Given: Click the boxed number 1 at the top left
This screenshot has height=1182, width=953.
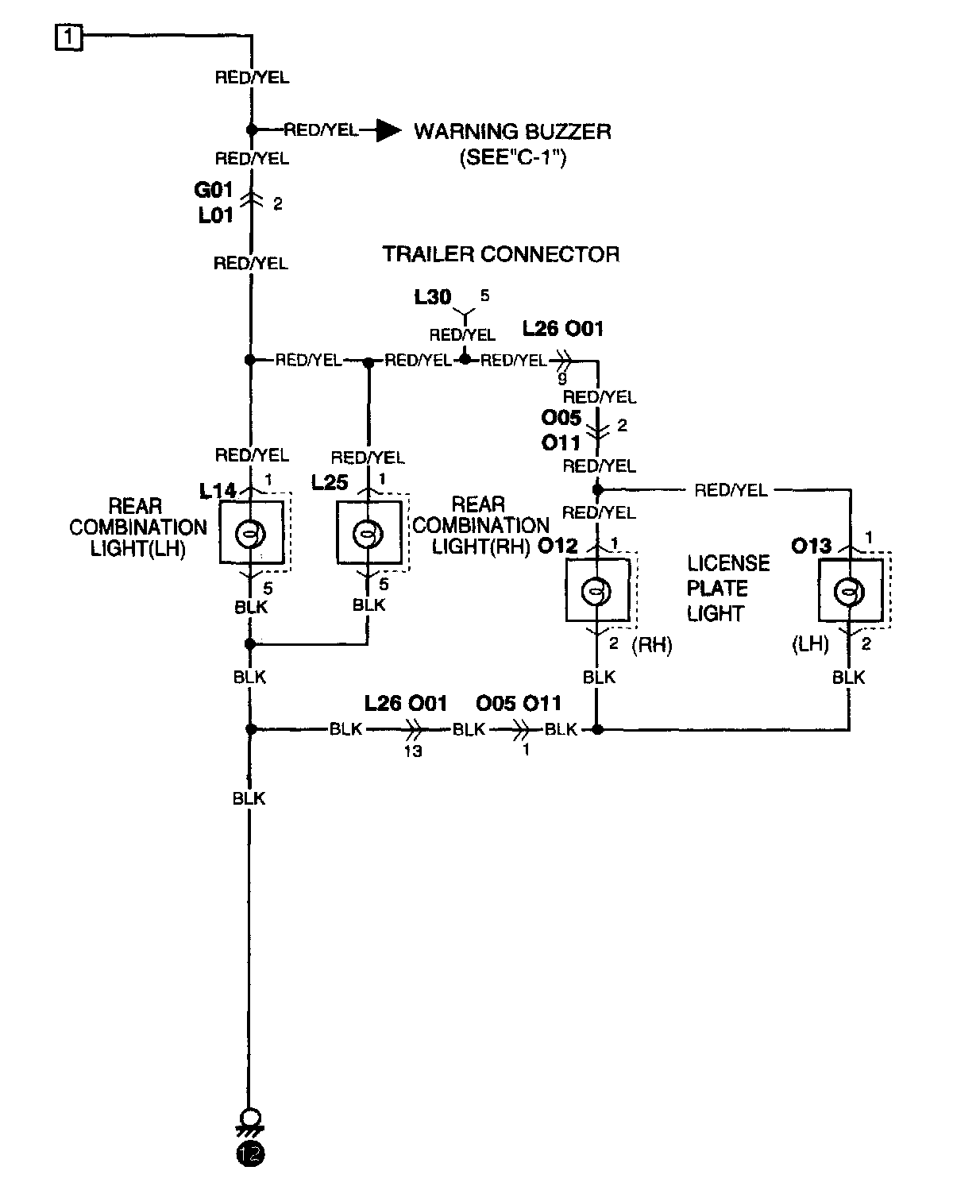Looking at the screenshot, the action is (68, 37).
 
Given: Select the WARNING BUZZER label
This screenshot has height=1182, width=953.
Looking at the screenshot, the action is (512, 132).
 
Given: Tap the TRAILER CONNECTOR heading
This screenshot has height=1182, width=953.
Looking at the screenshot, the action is (501, 254).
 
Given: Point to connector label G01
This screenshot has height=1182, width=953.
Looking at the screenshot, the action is (214, 190).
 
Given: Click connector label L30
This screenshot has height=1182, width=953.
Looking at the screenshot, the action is (432, 297).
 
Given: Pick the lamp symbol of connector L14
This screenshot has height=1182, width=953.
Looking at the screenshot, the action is (251, 533).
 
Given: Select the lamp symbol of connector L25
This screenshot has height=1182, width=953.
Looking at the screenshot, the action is (368, 533).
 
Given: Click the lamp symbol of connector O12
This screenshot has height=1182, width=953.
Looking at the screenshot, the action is (596, 592).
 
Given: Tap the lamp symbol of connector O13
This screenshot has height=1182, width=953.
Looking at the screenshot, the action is (849, 592).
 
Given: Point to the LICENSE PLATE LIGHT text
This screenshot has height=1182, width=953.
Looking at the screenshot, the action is (728, 589).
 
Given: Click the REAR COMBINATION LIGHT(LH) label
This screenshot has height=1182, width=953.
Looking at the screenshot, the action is (138, 527).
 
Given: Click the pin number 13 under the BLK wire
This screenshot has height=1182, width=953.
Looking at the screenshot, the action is (413, 751).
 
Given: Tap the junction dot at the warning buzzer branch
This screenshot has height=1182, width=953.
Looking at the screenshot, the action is (252, 130).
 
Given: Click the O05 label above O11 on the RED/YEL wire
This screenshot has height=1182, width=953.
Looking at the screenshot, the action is (561, 418).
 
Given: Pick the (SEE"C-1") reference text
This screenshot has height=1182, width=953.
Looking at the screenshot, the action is (513, 158).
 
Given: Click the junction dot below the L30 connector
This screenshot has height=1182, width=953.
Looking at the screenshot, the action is (465, 360).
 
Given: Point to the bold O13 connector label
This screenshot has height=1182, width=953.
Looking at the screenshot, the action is (812, 546).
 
